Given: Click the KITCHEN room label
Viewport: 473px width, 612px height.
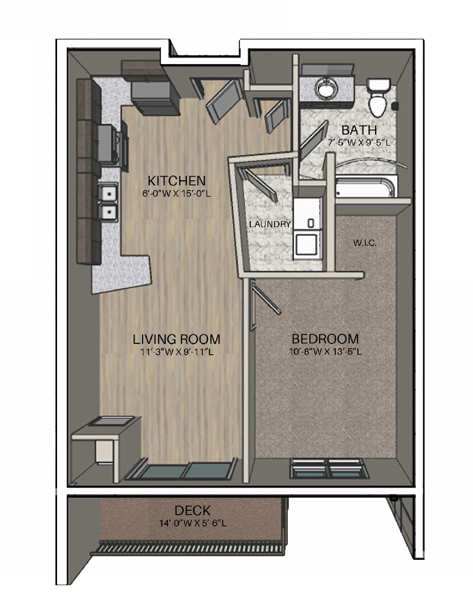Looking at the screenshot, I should click(x=177, y=180).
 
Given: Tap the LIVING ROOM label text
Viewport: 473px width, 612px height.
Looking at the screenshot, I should click(x=177, y=339).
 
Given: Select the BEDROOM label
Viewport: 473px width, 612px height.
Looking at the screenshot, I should click(x=325, y=339).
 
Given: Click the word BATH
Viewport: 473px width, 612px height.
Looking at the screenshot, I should click(x=359, y=130).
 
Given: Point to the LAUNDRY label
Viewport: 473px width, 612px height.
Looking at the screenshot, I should click(x=270, y=224).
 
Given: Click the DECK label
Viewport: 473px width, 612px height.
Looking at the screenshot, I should click(x=192, y=510).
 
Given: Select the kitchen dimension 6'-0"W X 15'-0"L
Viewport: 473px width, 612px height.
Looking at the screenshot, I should click(x=177, y=193).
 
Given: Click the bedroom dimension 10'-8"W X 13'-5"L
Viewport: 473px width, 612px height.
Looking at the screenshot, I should click(x=325, y=352).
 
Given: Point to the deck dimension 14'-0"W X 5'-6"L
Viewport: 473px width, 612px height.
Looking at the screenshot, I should click(x=192, y=522).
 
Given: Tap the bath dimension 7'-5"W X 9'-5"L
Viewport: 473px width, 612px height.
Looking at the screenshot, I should click(x=359, y=143).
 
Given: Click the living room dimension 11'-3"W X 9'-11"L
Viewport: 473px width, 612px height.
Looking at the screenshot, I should click(x=177, y=352).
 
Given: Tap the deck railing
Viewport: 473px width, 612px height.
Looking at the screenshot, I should click(x=188, y=549).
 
